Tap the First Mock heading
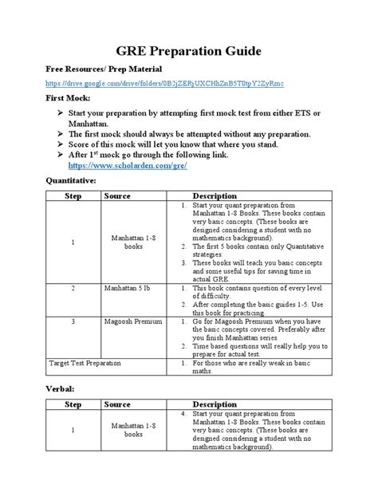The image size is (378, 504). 68,98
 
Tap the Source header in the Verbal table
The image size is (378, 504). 117,404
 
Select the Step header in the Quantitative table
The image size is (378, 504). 73,196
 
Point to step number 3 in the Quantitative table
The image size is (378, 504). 73,321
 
